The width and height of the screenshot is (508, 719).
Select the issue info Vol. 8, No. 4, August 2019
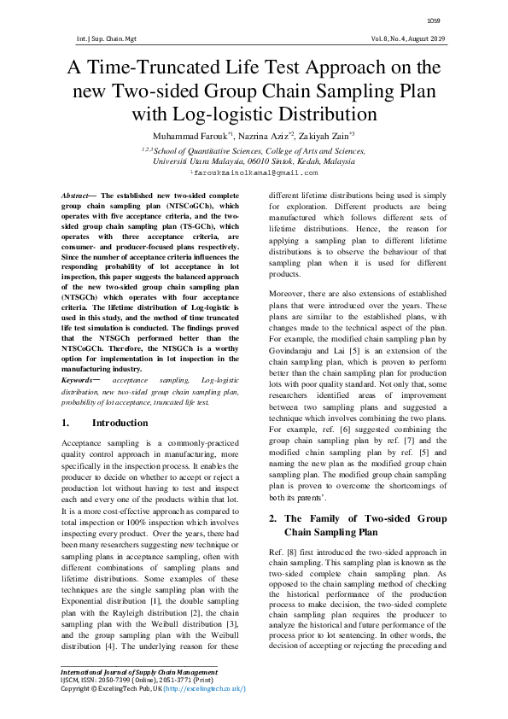[401, 39]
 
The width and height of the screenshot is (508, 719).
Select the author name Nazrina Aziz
[261, 136]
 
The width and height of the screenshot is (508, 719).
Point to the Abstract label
[78, 196]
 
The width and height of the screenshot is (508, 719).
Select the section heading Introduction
[120, 424]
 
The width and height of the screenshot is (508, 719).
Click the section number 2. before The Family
[273, 518]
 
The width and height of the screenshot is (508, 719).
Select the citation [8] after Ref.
[293, 554]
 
